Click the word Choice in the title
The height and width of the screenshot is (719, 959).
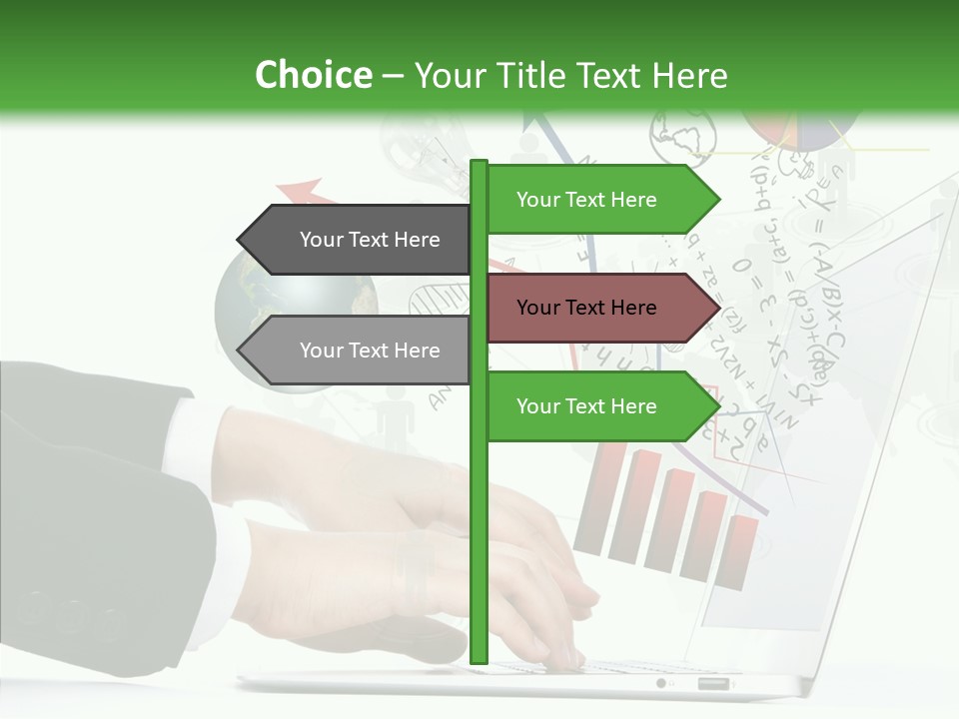click(x=313, y=75)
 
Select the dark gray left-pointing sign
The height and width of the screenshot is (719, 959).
click(x=355, y=240)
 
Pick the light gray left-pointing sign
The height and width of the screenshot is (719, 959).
click(x=355, y=351)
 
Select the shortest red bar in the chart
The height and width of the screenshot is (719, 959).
click(x=740, y=549)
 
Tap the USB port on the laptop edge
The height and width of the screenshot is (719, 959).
click(x=713, y=684)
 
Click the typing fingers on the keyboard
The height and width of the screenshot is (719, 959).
click(x=539, y=599)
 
